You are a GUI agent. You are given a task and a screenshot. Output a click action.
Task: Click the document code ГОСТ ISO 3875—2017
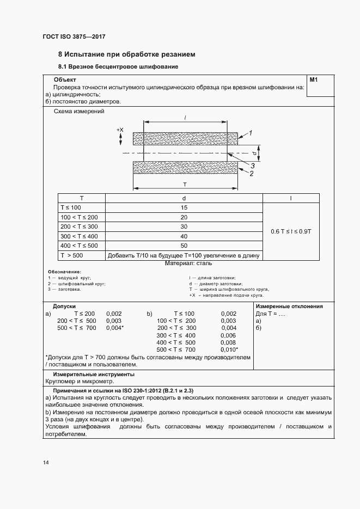[74, 36]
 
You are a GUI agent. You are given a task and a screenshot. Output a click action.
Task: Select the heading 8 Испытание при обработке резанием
[126, 54]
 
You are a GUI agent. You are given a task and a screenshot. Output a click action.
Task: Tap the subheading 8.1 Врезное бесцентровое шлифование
[118, 67]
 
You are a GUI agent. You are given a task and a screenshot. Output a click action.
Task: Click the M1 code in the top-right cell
[313, 80]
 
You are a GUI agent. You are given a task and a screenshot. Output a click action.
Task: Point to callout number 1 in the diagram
[251, 132]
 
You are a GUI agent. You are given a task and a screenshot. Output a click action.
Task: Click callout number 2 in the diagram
[251, 174]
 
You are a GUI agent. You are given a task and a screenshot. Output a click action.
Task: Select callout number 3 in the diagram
[253, 165]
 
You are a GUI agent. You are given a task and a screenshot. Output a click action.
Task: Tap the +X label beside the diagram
[120, 130]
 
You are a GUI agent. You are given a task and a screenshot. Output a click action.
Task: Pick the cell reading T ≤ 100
[71, 207]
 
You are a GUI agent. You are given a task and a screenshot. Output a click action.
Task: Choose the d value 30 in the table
[184, 226]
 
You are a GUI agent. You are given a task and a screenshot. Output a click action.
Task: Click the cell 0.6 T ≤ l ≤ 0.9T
[291, 231]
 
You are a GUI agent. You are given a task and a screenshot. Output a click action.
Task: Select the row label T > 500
[72, 255]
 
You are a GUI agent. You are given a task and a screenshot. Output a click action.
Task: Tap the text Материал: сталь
[185, 263]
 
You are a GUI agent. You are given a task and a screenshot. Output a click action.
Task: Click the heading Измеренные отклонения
[289, 306]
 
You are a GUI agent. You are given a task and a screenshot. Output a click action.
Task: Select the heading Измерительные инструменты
[93, 375]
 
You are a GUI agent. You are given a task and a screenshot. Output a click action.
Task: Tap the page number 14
[46, 463]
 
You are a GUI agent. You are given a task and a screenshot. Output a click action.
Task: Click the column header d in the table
[184, 198]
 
